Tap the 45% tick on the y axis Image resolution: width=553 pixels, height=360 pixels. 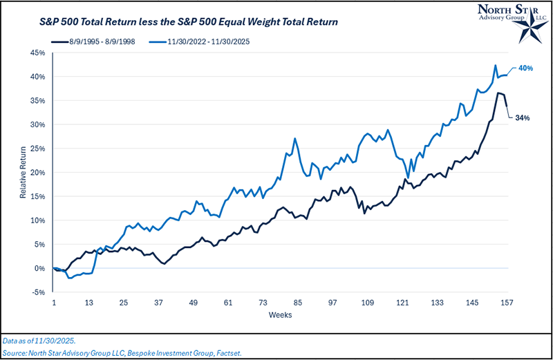(39, 53)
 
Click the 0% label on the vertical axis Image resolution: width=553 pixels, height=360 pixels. (41, 268)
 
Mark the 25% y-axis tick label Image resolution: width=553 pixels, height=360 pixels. (39, 149)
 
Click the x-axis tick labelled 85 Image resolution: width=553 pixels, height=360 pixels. (297, 303)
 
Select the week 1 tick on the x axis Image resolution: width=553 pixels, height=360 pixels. (54, 303)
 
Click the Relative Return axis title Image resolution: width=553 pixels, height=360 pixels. (23, 172)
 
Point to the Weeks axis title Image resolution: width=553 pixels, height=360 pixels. (279, 316)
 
